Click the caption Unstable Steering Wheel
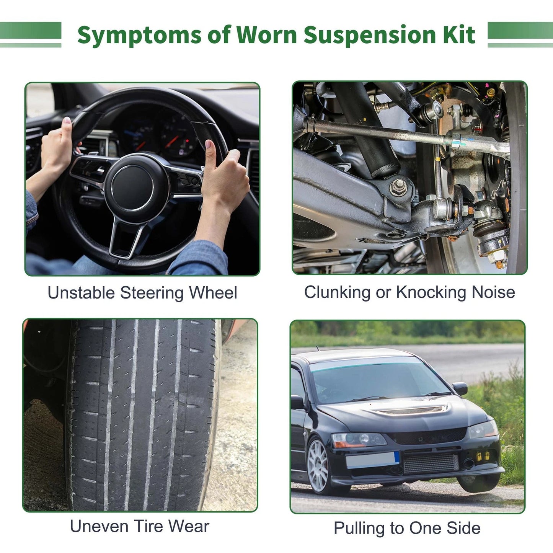(x=142, y=293)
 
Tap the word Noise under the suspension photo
(x=493, y=292)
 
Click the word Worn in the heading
(x=267, y=35)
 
